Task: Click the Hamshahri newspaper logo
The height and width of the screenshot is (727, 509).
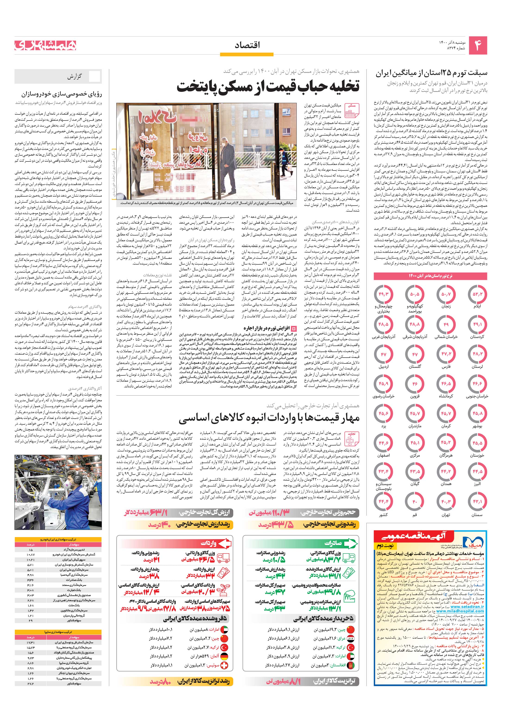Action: click(x=45, y=45)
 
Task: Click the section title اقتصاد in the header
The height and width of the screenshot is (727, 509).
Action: click(x=247, y=46)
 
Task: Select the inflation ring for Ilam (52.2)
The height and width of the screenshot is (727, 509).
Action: click(x=477, y=294)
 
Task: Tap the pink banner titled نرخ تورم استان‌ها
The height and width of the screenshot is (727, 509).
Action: click(x=430, y=276)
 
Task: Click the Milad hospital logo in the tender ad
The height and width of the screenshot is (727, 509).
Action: click(x=471, y=542)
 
